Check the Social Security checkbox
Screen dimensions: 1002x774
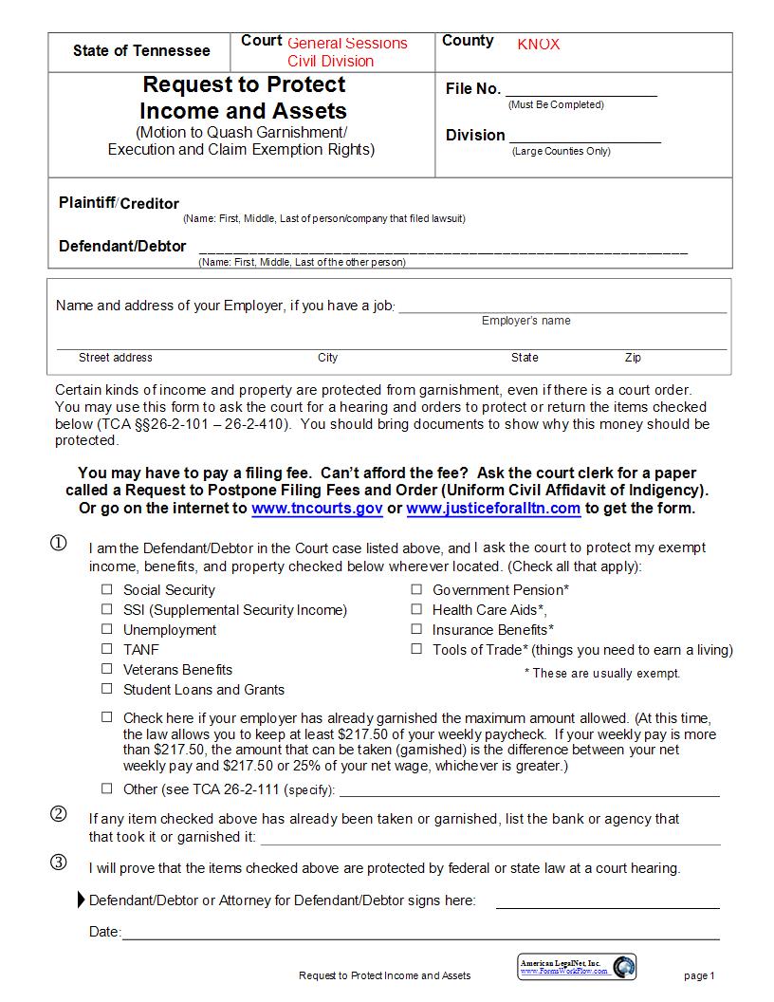point(107,589)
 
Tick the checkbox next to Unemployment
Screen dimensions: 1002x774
point(107,629)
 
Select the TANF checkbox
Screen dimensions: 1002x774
point(107,649)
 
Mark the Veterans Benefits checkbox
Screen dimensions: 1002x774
point(107,669)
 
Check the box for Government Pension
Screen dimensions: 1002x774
point(416,589)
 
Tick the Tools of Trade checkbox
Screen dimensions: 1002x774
point(416,649)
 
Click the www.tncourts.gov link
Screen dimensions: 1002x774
point(317,509)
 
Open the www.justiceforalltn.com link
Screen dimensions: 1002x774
point(493,509)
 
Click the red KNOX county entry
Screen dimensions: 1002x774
point(539,45)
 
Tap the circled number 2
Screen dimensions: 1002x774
point(59,814)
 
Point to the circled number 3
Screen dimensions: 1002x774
point(59,863)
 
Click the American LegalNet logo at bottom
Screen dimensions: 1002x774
point(578,967)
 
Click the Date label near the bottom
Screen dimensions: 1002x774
point(104,932)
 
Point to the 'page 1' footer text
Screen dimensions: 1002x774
point(699,975)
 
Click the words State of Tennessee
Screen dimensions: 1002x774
point(141,51)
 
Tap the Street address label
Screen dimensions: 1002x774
point(116,358)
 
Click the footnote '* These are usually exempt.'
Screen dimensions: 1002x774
point(602,674)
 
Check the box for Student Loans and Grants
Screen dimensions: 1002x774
point(107,689)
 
